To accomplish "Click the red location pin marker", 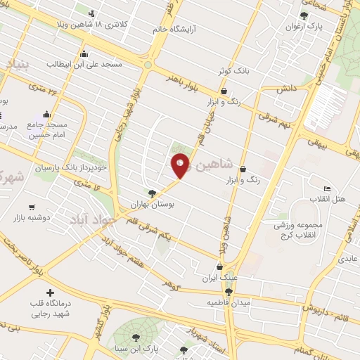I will (x=180, y=165).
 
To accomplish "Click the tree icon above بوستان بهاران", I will (x=153, y=193).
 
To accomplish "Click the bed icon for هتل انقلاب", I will (x=327, y=188).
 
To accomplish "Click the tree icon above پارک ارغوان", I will (x=304, y=15).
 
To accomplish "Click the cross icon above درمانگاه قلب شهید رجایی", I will (x=49, y=292).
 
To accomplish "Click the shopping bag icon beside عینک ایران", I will (x=220, y=267).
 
